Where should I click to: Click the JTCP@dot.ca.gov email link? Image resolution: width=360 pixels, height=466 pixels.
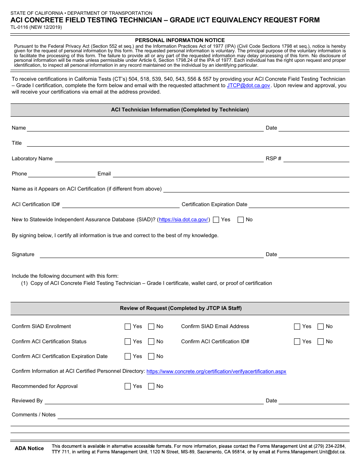click(248, 86)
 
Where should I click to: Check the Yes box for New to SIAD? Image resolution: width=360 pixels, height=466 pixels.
click(216, 220)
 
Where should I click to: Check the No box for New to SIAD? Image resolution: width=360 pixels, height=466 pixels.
click(240, 220)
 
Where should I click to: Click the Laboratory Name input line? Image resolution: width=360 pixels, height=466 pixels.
click(159, 159)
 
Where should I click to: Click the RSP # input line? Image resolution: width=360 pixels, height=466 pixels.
click(316, 159)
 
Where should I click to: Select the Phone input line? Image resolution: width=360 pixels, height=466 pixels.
click(62, 174)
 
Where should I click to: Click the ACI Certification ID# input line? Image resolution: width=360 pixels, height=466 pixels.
click(121, 205)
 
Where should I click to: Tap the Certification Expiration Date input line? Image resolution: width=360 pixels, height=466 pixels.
click(299, 205)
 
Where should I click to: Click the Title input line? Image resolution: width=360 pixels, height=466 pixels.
click(188, 143)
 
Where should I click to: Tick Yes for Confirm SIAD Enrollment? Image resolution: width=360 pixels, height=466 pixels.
click(128, 327)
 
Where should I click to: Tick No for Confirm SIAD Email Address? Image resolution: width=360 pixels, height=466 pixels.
click(321, 327)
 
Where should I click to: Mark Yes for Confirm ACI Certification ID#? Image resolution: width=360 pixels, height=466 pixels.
click(297, 342)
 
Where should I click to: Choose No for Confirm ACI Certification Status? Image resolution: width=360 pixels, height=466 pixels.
click(151, 342)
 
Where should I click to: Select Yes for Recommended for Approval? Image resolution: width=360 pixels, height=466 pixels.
click(128, 386)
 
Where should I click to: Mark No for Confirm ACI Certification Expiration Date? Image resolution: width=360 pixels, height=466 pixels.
click(151, 357)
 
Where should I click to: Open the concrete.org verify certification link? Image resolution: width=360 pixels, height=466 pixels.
click(216, 372)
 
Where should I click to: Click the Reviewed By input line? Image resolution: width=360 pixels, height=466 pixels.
click(154, 401)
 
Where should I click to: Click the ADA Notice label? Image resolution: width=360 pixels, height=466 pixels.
click(29, 449)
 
